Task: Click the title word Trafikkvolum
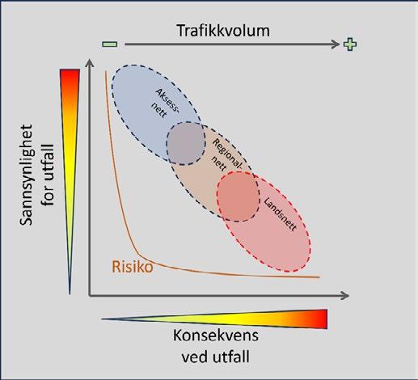coord(223,31)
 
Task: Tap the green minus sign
coord(110,44)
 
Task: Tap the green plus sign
coord(350,44)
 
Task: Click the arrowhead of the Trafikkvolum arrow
coord(336,44)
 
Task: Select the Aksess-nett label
coord(164,103)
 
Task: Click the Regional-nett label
coord(226,155)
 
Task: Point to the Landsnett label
coord(280,214)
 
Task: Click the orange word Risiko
coord(133,267)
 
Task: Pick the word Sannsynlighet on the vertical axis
coord(26,175)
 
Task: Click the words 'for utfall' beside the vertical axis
coord(49,175)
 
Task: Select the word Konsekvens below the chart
coord(216,336)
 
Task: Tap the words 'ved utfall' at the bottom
coord(215,357)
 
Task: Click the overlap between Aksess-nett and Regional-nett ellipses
coord(186,143)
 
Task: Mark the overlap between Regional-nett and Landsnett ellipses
coord(239,196)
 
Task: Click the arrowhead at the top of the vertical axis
coord(90,64)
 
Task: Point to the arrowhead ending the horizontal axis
coord(344,296)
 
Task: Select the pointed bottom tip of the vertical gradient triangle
coord(70,293)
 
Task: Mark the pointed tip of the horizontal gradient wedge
coord(103,319)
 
